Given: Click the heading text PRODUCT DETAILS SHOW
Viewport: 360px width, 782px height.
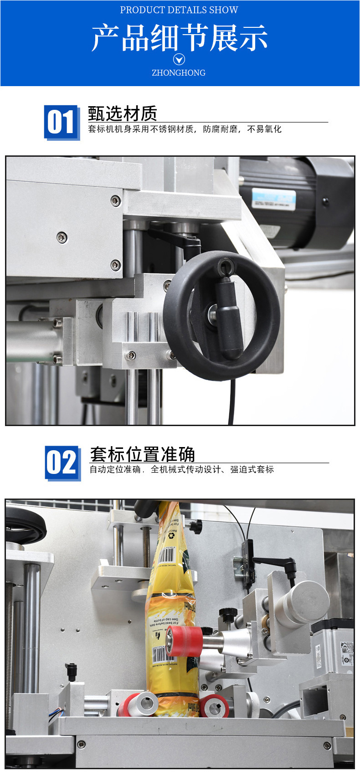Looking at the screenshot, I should (179, 10).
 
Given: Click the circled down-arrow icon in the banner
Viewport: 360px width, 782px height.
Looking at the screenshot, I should (179, 59).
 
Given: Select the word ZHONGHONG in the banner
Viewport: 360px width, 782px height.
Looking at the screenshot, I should (179, 73).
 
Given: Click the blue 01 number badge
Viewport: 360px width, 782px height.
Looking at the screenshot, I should (62, 122).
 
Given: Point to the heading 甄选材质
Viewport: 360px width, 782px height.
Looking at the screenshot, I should (122, 113).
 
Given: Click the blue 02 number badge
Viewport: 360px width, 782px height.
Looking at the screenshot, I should (62, 463).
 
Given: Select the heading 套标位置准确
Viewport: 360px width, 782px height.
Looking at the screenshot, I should (142, 454).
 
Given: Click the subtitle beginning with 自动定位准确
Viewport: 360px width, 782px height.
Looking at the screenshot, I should (181, 469).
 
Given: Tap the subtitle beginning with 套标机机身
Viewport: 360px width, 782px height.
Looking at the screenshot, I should (185, 129).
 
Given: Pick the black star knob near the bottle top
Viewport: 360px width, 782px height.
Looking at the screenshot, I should (195, 526).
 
